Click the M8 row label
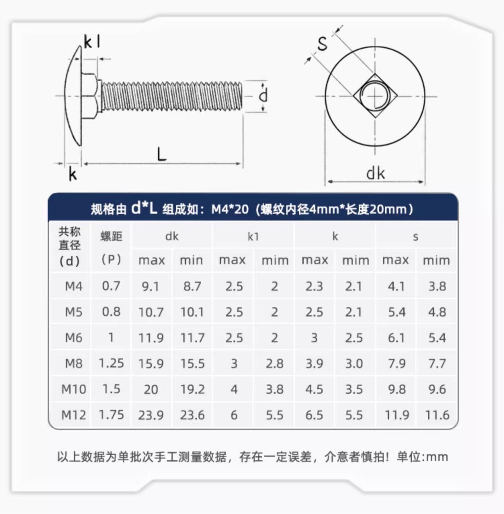click(x=74, y=363)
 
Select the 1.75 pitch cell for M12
click(x=111, y=415)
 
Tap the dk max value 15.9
click(x=151, y=363)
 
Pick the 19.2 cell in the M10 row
click(x=193, y=389)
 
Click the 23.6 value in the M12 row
click(x=193, y=415)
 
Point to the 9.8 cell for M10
click(x=397, y=389)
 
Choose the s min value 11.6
click(x=437, y=415)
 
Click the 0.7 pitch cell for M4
click(x=111, y=286)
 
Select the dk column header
click(x=172, y=237)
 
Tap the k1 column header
click(x=253, y=237)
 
